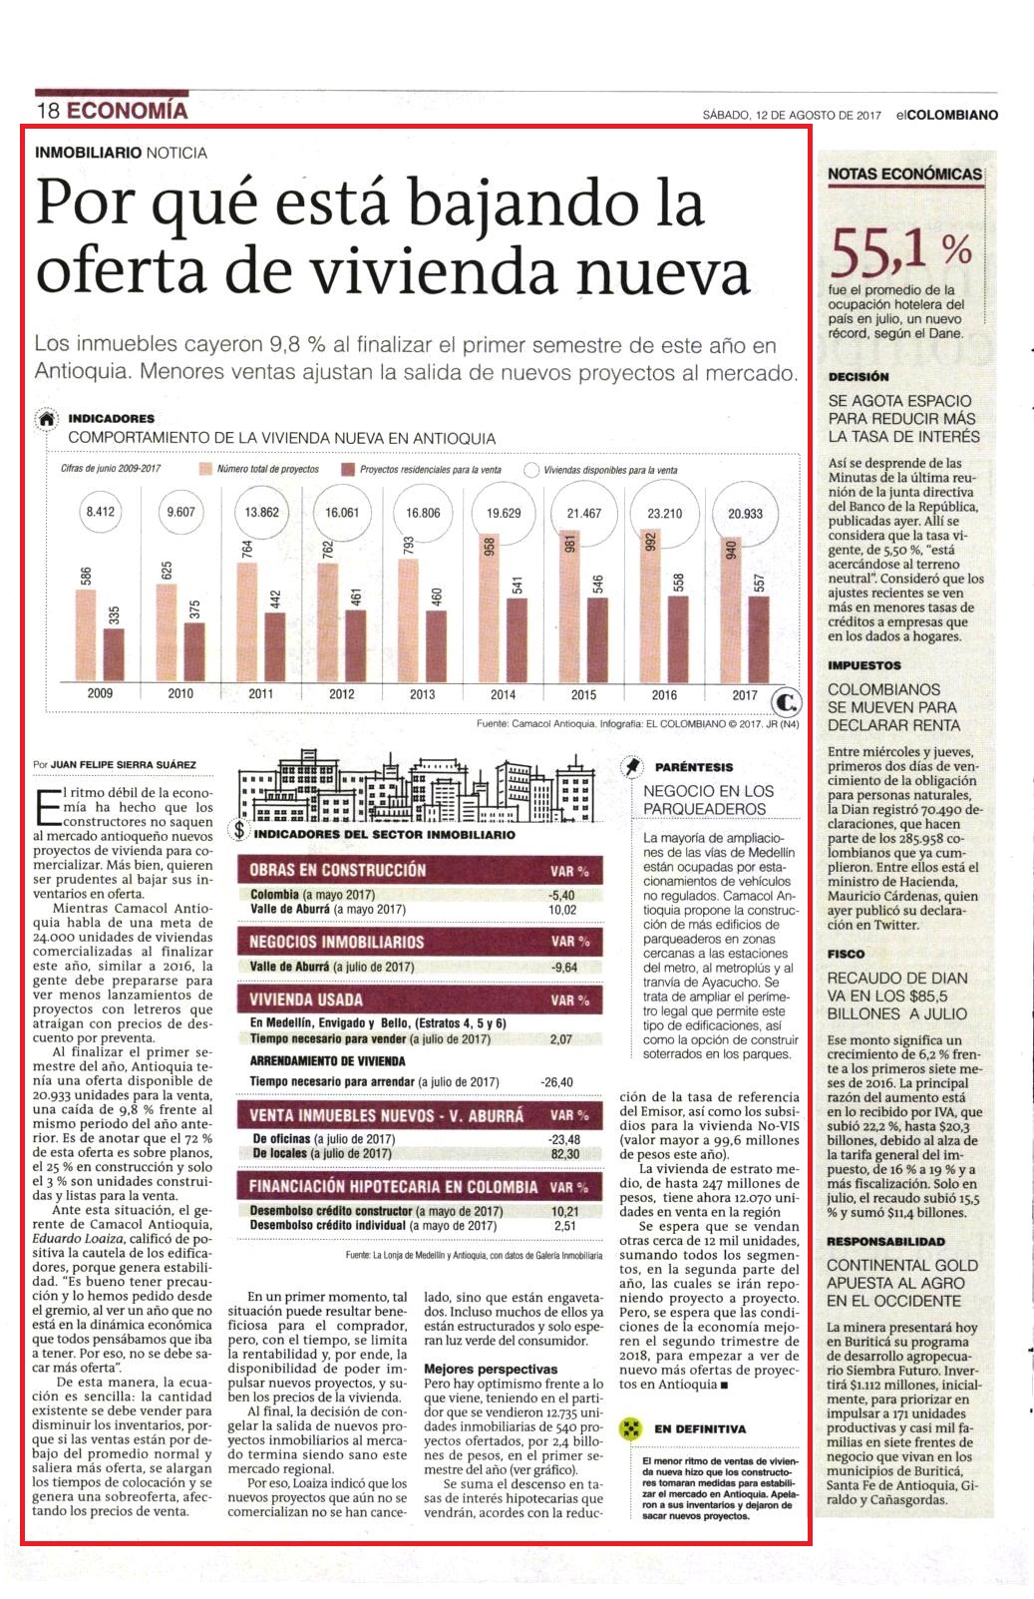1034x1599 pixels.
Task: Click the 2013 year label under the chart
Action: click(x=423, y=694)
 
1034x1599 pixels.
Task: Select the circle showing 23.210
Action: click(x=664, y=513)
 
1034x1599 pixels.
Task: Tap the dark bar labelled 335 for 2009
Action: click(x=115, y=654)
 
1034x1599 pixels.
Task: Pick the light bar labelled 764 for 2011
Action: click(x=247, y=621)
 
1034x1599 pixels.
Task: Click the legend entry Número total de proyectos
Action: click(x=260, y=469)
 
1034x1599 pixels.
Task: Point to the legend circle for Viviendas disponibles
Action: click(x=531, y=470)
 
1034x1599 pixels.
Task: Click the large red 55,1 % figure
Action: click(x=900, y=250)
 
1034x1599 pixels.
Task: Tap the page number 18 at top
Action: click(x=48, y=111)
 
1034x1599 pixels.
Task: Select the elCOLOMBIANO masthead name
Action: click(x=947, y=114)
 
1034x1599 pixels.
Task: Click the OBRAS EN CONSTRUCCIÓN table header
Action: click(x=337, y=870)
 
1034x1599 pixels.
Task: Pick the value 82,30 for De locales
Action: click(x=564, y=1153)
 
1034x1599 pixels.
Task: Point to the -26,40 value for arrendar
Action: click(x=556, y=1082)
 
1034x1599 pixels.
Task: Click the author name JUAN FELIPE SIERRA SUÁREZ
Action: click(x=124, y=764)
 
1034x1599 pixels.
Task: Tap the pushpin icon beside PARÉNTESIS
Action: click(x=631, y=767)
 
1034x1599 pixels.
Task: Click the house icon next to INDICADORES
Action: click(x=47, y=420)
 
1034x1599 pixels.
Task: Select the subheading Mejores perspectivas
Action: click(x=491, y=1369)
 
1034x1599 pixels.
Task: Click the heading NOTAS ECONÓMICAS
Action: click(x=904, y=174)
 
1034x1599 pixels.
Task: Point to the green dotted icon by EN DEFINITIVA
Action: click(x=631, y=1428)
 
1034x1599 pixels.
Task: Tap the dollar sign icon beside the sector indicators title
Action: click(x=239, y=830)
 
